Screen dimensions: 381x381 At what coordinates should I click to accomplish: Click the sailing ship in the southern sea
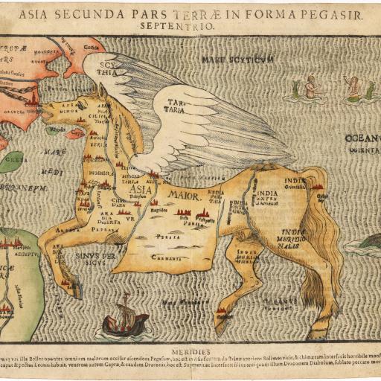coord(124,318)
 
